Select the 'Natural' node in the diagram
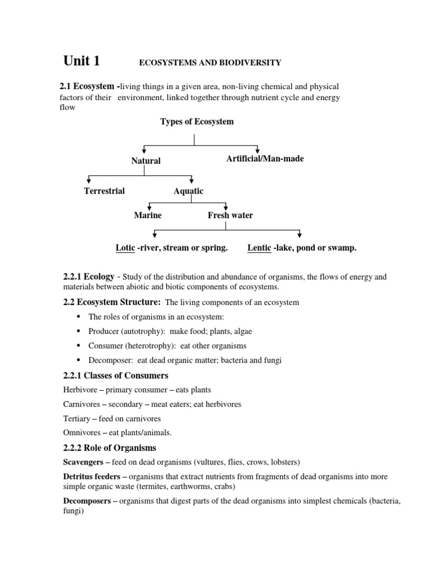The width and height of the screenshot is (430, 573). (146, 161)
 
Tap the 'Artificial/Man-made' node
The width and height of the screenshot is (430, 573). (265, 159)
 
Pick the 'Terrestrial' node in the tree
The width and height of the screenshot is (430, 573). (104, 191)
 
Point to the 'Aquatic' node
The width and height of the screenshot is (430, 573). (189, 191)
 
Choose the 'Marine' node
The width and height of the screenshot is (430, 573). (148, 215)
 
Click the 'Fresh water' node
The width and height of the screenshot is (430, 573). (230, 215)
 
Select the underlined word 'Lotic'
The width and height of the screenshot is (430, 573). (125, 248)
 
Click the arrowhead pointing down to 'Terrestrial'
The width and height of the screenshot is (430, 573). (89, 180)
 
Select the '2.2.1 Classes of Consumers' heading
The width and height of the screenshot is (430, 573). (116, 375)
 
